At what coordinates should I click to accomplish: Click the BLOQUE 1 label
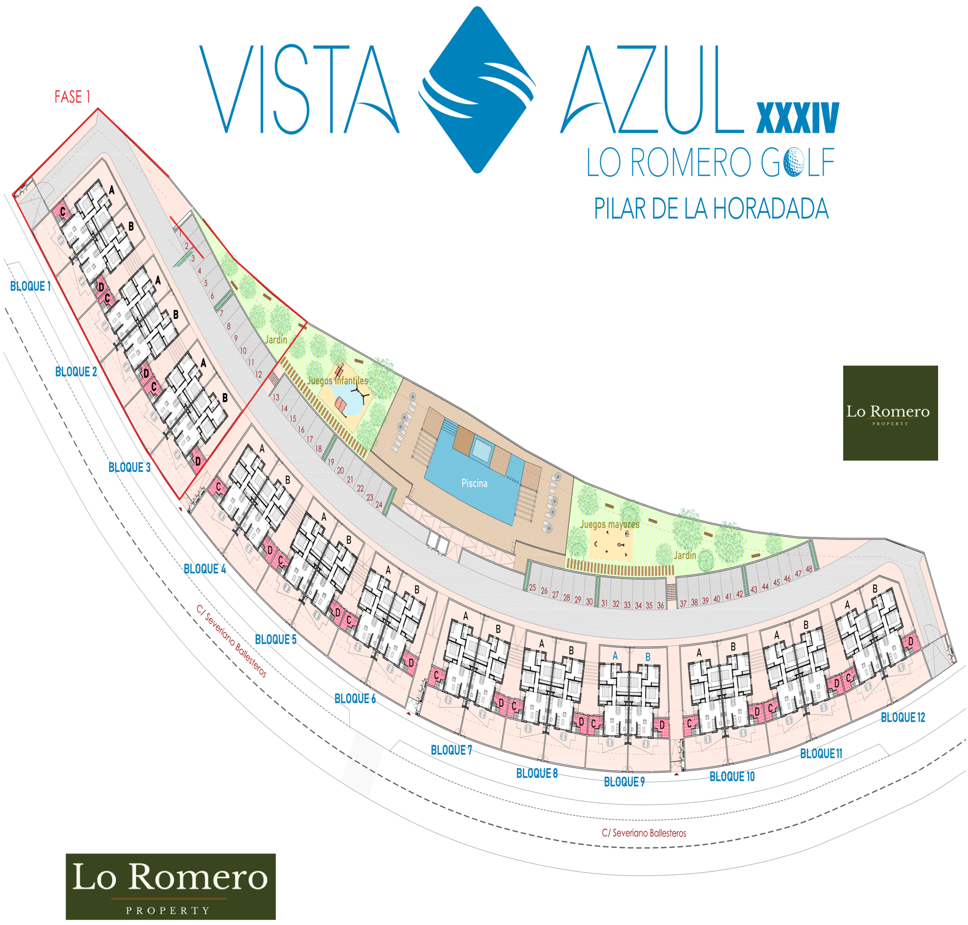30,286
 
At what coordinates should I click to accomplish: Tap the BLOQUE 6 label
354,698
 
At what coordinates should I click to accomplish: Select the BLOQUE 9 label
624,782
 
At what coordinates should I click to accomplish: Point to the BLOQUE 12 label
903,717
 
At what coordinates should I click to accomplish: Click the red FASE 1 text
73,97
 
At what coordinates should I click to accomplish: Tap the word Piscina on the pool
474,483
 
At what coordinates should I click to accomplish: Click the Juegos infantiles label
337,381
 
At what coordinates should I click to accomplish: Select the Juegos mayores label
609,524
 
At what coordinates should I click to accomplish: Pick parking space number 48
809,569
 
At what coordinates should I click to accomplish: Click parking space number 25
532,588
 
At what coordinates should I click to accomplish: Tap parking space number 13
276,397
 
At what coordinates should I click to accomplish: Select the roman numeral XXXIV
798,118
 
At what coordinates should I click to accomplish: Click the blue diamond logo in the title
477,90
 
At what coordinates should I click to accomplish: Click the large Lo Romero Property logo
170,886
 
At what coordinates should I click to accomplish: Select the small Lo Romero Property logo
890,413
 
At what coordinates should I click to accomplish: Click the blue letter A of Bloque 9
615,656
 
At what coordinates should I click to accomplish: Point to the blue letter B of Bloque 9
648,657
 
